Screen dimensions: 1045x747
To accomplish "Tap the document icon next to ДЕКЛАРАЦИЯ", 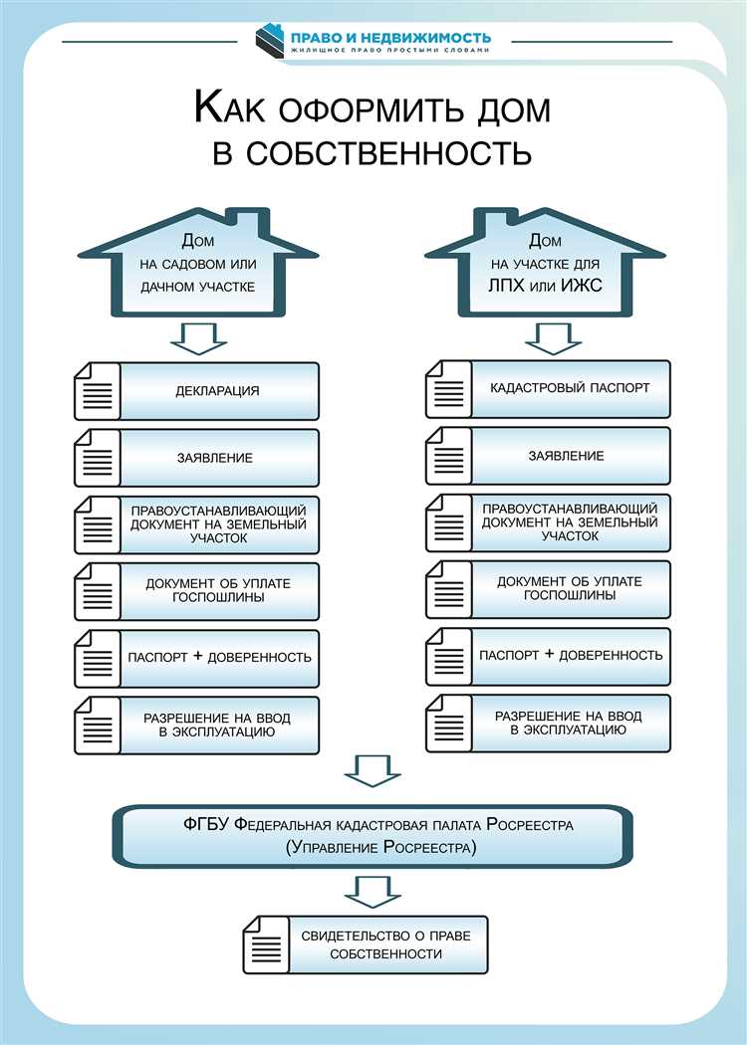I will [x=97, y=391].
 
